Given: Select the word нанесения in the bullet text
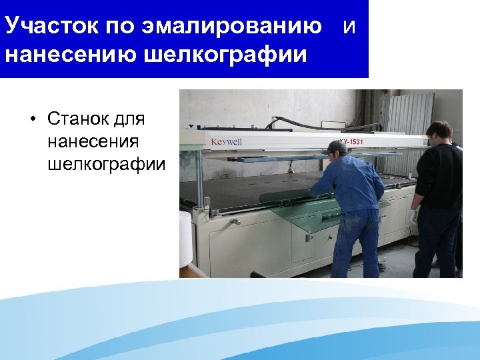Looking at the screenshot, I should (93, 141).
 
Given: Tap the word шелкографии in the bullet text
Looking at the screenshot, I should (106, 164).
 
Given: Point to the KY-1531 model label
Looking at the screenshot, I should (351, 141).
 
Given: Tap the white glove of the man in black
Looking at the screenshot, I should (414, 216).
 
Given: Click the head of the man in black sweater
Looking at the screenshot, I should (439, 132).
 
